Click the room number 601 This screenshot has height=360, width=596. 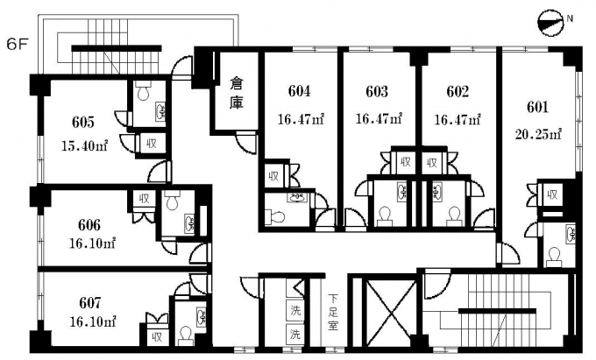pos(537,107)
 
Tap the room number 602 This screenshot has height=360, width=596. pos(457,91)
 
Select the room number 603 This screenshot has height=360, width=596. pos(378,91)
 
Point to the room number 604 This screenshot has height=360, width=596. pos(300,91)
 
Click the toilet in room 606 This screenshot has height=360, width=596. pos(172,203)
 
